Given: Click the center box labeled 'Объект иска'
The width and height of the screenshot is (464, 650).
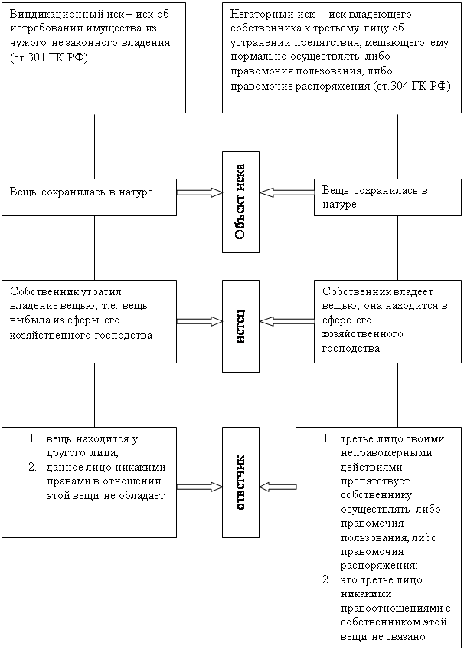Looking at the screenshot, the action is [240, 202].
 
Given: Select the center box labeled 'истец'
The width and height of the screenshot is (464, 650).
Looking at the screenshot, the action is [240, 326].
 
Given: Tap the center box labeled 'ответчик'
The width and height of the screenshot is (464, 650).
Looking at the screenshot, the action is [240, 483].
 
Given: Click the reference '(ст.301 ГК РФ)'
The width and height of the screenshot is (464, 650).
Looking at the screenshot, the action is [49, 57].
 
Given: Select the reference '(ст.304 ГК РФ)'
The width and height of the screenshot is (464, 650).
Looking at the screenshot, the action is [411, 86].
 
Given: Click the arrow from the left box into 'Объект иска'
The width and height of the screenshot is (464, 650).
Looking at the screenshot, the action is [200, 192].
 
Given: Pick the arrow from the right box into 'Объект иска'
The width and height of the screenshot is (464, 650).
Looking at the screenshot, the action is [287, 192].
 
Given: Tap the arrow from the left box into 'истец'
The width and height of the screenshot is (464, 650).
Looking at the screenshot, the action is [200, 321].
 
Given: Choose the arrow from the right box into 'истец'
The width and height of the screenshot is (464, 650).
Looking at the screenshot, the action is [287, 321].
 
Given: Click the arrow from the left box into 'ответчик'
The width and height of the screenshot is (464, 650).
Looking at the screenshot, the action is [200, 487].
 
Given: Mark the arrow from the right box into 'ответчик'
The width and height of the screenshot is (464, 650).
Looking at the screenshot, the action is [278, 487].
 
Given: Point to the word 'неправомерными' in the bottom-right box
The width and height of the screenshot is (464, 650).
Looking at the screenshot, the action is [387, 453].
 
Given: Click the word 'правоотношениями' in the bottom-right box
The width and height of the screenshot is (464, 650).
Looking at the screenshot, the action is [392, 608].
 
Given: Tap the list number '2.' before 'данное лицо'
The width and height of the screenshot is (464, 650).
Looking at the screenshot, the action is [33, 468].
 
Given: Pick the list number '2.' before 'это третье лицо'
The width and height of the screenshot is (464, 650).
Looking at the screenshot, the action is [327, 579].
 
